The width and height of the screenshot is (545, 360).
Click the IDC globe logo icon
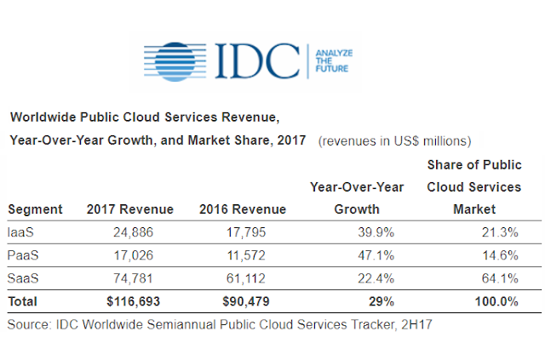click(x=175, y=62)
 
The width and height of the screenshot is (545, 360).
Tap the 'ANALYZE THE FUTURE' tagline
click(x=334, y=60)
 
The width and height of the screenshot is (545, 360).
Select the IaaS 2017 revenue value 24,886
click(x=133, y=232)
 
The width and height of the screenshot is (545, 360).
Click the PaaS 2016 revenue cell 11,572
click(x=246, y=255)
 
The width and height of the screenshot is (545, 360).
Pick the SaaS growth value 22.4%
click(x=376, y=278)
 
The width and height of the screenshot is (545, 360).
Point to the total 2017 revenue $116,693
click(x=133, y=301)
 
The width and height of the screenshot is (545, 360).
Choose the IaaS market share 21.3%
click(x=500, y=232)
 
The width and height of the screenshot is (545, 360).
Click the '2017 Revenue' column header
click(x=130, y=209)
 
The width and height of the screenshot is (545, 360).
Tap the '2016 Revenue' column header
click(x=243, y=209)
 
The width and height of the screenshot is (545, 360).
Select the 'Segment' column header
click(x=35, y=209)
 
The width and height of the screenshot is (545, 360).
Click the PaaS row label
click(x=23, y=255)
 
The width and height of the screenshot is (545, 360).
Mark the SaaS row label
click(x=23, y=278)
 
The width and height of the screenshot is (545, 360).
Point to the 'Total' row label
click(x=23, y=301)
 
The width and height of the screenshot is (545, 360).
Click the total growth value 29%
click(x=381, y=301)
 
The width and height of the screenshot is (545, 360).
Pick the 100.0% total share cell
click(x=496, y=301)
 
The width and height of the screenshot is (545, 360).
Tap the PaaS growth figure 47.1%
click(x=376, y=255)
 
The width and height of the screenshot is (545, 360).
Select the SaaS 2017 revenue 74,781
click(x=133, y=278)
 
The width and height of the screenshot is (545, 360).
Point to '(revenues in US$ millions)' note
click(x=394, y=141)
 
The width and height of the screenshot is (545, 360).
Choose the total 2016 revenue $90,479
click(x=246, y=301)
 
